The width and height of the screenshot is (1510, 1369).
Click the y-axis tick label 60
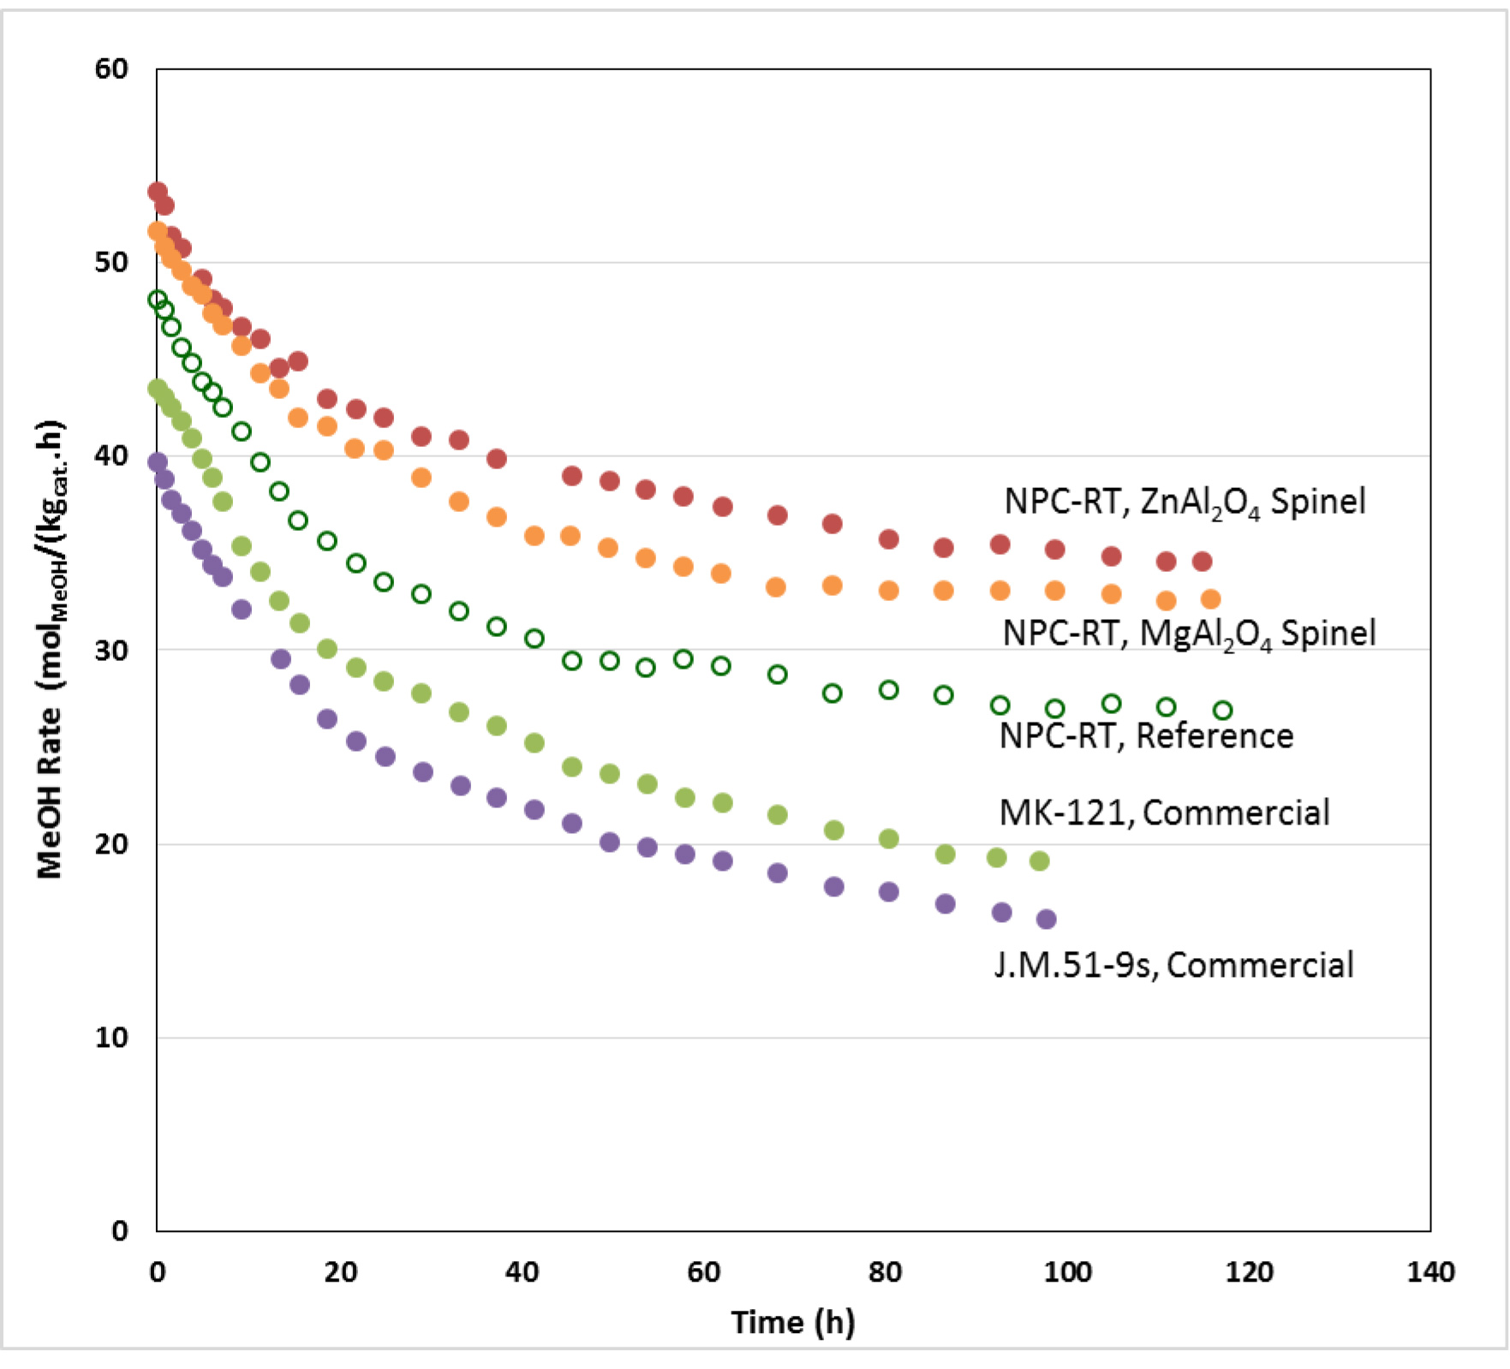pos(111,68)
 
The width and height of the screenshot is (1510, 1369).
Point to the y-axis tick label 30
pos(111,650)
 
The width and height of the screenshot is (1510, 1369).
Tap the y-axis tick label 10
pos(111,1038)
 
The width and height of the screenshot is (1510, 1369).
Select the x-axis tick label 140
pos(1430,1272)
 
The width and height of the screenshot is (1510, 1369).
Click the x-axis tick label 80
pos(885,1272)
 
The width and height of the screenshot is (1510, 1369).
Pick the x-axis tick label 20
pos(340,1272)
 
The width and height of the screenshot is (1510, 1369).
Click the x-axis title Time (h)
pos(793,1322)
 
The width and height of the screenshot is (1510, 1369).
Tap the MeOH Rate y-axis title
pos(50,651)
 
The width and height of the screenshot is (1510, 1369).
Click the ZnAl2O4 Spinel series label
pos(1185,502)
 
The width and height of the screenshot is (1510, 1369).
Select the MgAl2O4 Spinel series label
pos(1189,634)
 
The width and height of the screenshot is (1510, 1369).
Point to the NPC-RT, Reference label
pos(1146,736)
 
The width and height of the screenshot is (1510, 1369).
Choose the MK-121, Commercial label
pos(1164,812)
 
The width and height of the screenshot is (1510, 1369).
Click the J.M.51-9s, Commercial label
pos(1173,965)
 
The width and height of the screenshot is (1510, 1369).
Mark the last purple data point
pos(1046,920)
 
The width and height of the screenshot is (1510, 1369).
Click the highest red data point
pos(158,192)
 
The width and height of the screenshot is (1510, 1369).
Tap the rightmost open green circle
pos(1223,711)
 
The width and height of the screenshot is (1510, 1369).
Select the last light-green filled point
pos(1039,861)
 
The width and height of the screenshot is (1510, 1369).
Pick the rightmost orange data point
pos(1210,599)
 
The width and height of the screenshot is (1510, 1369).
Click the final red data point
pos(1202,562)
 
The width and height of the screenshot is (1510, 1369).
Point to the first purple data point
pos(158,462)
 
